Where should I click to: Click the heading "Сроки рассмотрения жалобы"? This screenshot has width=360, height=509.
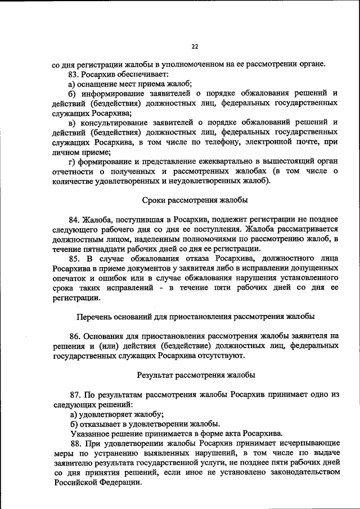click(x=195, y=200)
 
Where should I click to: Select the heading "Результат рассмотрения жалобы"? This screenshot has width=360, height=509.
click(x=195, y=375)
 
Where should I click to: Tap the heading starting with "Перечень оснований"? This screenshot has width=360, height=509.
click(x=195, y=316)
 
